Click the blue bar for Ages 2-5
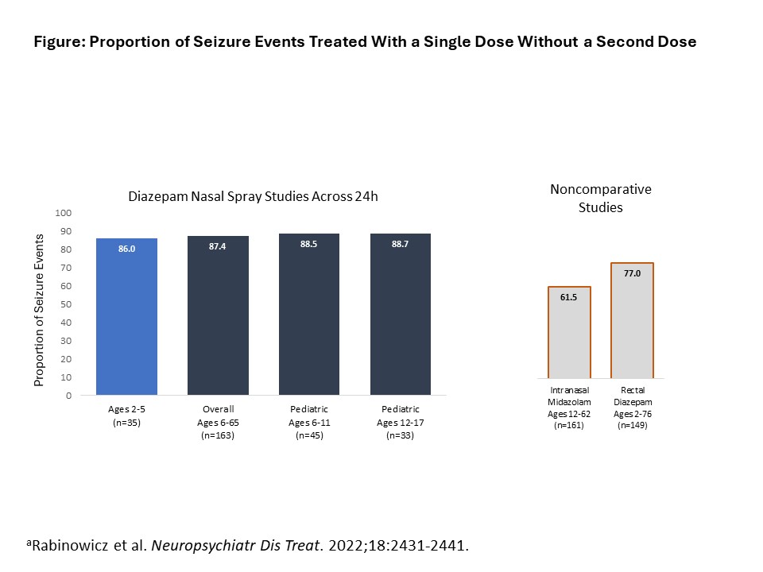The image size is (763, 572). pyautogui.click(x=126, y=318)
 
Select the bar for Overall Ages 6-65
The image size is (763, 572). pyautogui.click(x=218, y=318)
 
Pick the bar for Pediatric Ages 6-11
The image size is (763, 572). pyautogui.click(x=309, y=318)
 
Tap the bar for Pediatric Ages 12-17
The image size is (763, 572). pyautogui.click(x=401, y=318)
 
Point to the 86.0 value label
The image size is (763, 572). pyautogui.click(x=126, y=249)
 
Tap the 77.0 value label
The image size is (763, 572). pyautogui.click(x=632, y=272)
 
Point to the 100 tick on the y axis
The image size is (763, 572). pyautogui.click(x=64, y=213)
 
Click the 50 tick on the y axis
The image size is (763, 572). pyautogui.click(x=67, y=304)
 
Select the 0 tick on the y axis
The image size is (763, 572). pyautogui.click(x=69, y=395)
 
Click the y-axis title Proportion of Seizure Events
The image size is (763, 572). pyautogui.click(x=38, y=304)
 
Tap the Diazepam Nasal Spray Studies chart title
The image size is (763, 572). pyautogui.click(x=253, y=196)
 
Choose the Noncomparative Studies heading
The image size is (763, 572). pyautogui.click(x=601, y=199)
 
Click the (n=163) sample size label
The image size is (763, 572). pyautogui.click(x=218, y=435)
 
